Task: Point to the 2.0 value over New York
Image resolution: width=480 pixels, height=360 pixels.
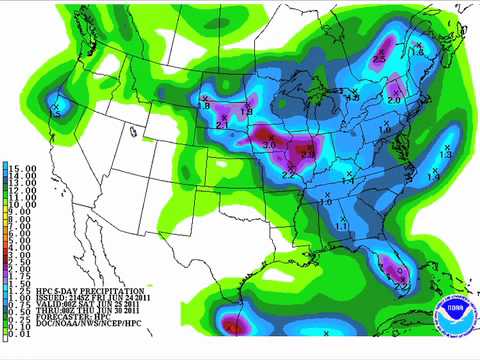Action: click(x=393, y=100)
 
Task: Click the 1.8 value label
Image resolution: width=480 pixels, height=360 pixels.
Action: click(x=205, y=105)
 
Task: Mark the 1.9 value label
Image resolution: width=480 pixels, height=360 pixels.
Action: click(x=247, y=112)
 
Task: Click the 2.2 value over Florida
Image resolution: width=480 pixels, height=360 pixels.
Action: click(x=402, y=286)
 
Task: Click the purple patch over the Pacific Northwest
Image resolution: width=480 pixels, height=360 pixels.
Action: click(x=57, y=103)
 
